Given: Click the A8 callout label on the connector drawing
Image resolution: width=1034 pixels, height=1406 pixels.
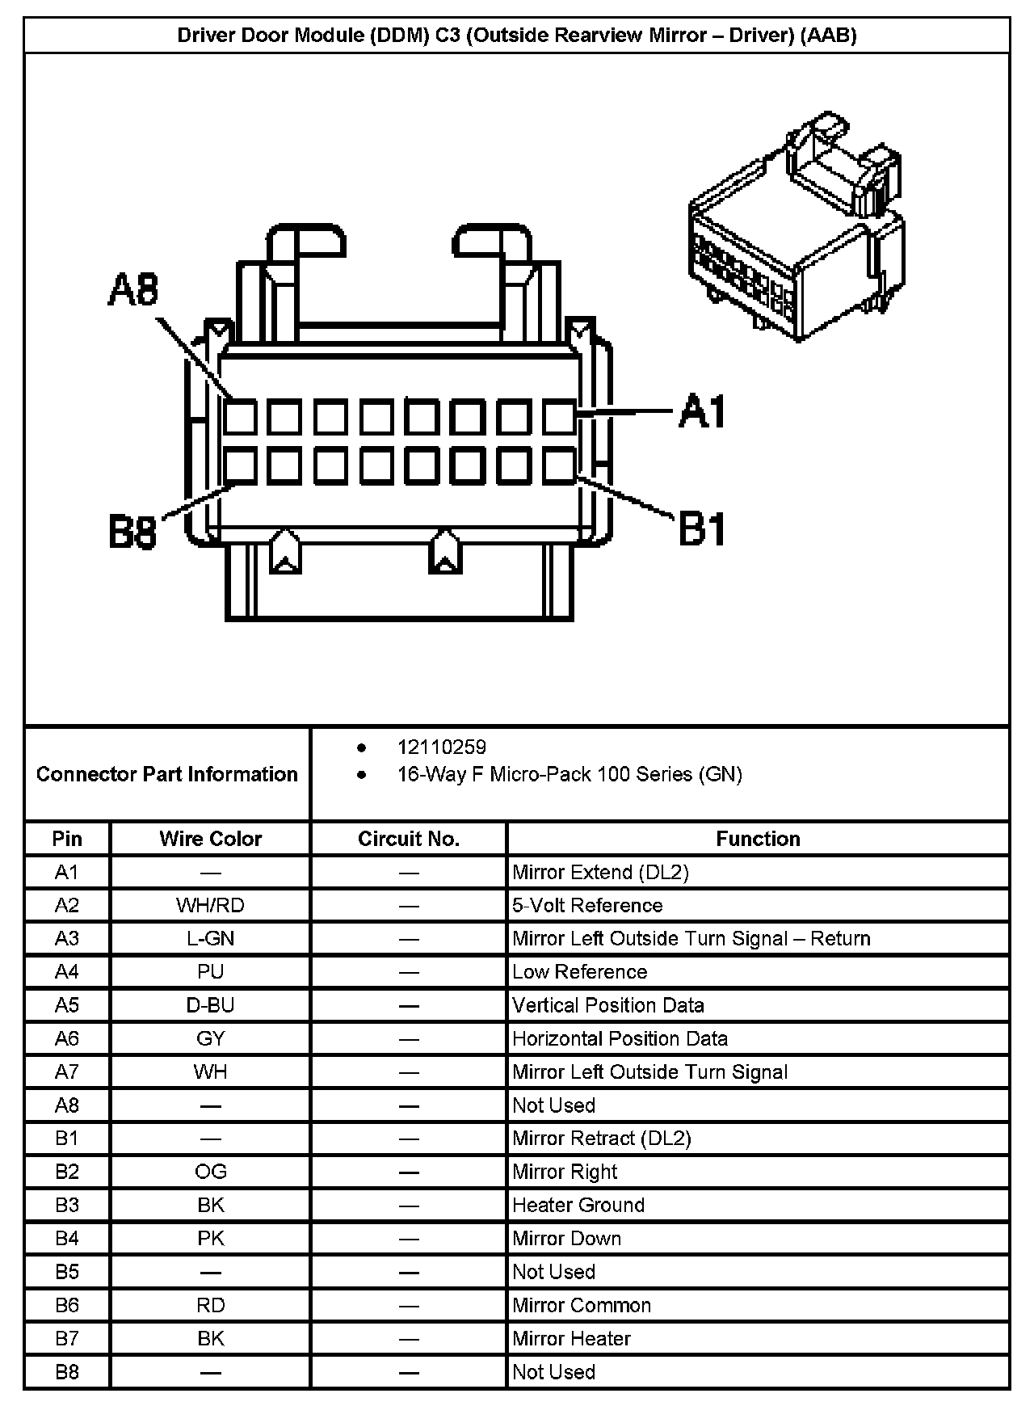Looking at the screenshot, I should click(x=134, y=291).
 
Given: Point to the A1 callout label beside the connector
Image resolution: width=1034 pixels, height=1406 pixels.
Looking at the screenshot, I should click(x=702, y=411).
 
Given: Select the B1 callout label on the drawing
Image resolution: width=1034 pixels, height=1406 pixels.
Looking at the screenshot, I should click(x=702, y=530).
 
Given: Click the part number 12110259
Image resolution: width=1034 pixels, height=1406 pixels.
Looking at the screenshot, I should click(x=441, y=747).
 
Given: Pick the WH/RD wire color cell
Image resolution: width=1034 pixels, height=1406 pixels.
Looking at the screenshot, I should click(x=210, y=905).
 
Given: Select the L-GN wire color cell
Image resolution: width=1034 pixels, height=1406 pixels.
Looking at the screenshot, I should click(x=210, y=938).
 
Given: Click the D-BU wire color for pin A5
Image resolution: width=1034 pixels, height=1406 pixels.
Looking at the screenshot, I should click(x=210, y=1005).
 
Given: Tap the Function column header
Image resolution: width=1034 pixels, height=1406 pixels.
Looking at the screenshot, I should click(x=758, y=839).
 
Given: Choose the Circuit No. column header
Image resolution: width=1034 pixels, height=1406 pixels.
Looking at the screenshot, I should click(x=409, y=839).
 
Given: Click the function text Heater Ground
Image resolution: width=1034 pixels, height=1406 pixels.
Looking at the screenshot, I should click(x=578, y=1205).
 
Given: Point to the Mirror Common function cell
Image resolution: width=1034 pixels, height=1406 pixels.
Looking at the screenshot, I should click(x=582, y=1305).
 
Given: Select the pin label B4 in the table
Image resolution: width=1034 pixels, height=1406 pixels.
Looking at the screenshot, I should click(x=67, y=1238).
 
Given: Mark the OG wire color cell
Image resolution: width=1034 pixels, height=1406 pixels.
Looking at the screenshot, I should click(x=210, y=1172).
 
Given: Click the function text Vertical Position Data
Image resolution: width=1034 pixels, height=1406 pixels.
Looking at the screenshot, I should click(x=608, y=1005).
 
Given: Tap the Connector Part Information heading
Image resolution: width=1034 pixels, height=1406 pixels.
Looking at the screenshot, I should click(x=167, y=774).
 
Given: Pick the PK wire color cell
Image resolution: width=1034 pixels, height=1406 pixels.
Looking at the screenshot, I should click(x=210, y=1238).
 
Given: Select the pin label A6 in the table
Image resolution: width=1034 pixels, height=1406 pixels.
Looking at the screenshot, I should click(x=67, y=1038).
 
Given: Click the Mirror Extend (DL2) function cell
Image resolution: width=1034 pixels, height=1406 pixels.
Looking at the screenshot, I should click(x=601, y=872).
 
